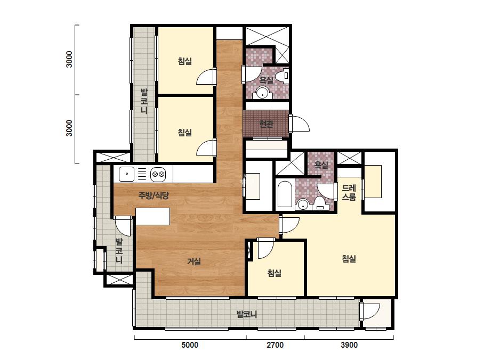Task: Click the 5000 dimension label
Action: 190,345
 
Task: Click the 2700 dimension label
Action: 275,345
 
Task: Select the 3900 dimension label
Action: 349,345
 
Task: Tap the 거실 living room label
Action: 194,261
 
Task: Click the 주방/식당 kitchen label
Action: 154,195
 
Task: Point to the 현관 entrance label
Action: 267,124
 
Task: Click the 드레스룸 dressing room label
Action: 349,193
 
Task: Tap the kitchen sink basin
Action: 126,174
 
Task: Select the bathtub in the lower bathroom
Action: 285,194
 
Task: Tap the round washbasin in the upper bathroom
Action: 262,93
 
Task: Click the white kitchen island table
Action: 153,216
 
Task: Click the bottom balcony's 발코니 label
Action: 247,314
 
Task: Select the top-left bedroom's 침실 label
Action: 185,61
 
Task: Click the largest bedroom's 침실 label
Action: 349,259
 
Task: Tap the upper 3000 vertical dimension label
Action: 69,59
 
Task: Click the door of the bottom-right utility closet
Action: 371,312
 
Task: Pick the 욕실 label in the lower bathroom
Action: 321,165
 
